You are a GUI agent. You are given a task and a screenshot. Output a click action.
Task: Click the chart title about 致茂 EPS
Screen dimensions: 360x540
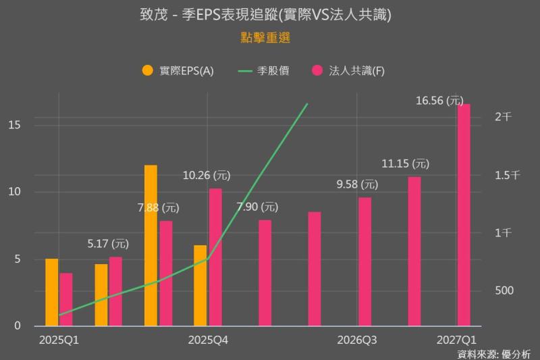click(270, 15)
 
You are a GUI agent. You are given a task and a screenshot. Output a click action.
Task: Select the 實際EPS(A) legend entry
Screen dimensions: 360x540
click(178, 70)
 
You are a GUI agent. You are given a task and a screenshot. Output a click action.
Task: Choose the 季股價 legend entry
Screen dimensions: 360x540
click(263, 70)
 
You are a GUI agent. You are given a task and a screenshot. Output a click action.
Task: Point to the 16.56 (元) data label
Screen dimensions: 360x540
click(439, 100)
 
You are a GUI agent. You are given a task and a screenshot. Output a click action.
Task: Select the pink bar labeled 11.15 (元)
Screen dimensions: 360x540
click(414, 251)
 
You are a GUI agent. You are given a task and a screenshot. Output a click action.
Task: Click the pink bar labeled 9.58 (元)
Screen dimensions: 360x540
click(364, 261)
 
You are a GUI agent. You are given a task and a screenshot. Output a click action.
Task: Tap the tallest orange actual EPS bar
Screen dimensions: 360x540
click(151, 245)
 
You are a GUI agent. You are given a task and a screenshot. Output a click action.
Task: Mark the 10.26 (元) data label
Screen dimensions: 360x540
click(207, 176)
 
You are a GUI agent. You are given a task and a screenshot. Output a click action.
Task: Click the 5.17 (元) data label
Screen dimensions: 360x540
click(108, 243)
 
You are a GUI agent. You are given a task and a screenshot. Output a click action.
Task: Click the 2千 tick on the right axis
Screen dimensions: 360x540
click(503, 117)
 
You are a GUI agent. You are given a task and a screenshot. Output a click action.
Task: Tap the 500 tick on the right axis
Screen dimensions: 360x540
click(504, 290)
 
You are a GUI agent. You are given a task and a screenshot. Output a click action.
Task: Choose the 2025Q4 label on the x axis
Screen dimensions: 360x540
click(208, 340)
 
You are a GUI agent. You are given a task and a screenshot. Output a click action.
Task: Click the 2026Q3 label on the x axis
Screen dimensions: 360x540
click(357, 340)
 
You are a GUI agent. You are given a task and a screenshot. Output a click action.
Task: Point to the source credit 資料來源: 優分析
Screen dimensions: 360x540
click(493, 353)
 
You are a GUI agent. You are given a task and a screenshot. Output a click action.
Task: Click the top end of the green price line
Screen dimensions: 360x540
click(307, 104)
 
